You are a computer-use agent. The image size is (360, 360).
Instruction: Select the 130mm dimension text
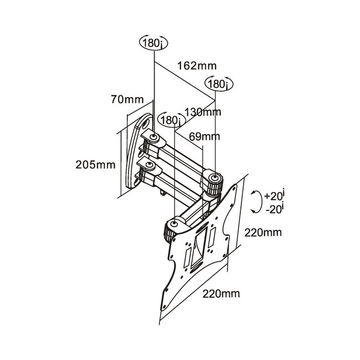(203, 112)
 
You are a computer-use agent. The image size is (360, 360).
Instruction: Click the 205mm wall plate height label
(96, 165)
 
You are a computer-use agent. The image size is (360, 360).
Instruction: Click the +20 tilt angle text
(275, 196)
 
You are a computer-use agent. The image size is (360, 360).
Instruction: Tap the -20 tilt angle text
(274, 209)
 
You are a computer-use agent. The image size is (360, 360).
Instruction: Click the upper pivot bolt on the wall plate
(155, 137)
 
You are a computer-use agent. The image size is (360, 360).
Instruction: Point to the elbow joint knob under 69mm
(214, 178)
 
